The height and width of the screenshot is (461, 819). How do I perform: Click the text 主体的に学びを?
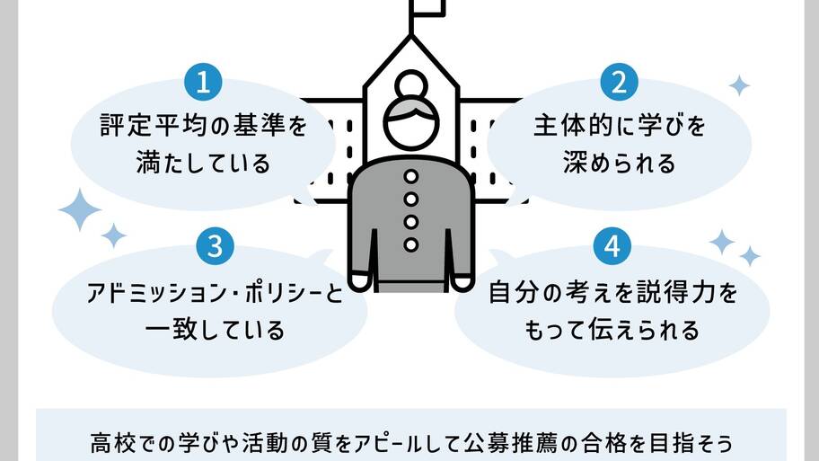(x=620, y=127)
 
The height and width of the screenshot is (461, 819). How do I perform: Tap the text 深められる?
(x=620, y=164)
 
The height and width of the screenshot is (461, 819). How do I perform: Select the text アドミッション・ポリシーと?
(x=215, y=293)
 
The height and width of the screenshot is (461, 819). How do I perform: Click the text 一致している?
(x=215, y=330)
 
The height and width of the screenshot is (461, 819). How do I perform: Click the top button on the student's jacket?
(x=411, y=176)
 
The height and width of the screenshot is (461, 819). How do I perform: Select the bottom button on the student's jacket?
(x=411, y=244)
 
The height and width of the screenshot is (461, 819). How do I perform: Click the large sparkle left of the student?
(x=80, y=209)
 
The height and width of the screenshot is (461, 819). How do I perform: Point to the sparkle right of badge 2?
(x=739, y=85)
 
